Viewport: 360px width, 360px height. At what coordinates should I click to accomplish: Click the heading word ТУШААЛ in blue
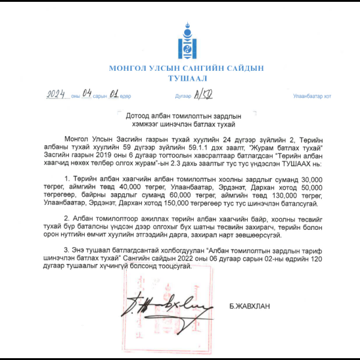coord(186,78)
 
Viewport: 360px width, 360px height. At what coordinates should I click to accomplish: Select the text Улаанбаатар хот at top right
coord(311,96)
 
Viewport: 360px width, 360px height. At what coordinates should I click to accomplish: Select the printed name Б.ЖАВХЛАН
coord(249,306)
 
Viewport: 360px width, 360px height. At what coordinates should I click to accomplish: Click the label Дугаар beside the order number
coord(182,96)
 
